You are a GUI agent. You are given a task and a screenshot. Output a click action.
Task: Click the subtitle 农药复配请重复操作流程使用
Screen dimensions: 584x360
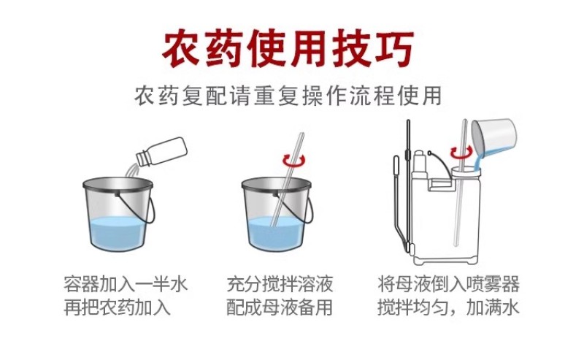click(x=288, y=96)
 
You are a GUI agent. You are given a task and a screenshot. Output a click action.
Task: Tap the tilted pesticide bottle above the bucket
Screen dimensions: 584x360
click(x=161, y=151)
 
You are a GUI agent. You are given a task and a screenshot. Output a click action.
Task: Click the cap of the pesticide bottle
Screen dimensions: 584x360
click(x=142, y=158)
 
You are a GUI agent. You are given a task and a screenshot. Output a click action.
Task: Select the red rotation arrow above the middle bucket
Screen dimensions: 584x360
click(x=294, y=160)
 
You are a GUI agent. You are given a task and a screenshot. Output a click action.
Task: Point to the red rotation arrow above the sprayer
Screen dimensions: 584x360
click(x=461, y=152)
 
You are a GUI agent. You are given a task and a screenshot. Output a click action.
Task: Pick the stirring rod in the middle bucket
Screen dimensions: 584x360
click(x=287, y=179)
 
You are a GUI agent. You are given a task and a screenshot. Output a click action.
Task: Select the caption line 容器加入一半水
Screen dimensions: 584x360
click(x=126, y=284)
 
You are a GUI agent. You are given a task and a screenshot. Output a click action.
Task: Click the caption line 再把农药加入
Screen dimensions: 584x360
click(x=117, y=308)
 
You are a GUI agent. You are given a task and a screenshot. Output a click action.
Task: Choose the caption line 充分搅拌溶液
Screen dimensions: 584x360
click(x=280, y=284)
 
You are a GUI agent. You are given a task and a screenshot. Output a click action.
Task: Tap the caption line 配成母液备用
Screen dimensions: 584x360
click(x=280, y=308)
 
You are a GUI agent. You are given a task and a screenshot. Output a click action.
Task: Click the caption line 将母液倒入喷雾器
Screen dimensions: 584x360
click(x=448, y=284)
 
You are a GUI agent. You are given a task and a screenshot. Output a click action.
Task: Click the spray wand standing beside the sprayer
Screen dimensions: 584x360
click(x=408, y=186)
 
